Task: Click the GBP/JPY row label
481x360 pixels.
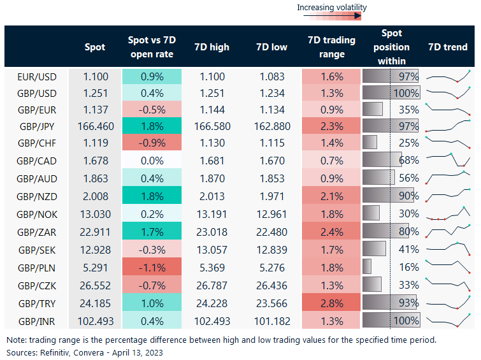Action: point(38,126)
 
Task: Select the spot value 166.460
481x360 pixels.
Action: point(96,126)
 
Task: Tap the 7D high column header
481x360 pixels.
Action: point(212,47)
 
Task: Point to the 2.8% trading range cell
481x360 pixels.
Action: point(331,302)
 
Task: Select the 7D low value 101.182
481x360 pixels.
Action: point(271,320)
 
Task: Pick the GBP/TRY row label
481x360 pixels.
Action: point(38,302)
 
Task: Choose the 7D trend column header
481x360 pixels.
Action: point(447,47)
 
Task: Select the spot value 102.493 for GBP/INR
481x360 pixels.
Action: point(96,320)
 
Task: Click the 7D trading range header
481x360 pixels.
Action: point(331,47)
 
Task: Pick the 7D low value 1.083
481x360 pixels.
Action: point(271,76)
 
